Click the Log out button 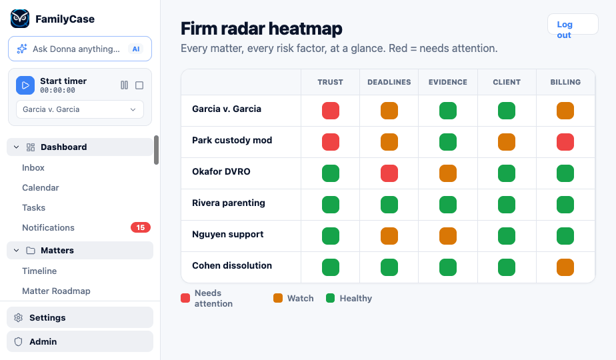point(573,25)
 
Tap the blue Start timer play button point(25,85)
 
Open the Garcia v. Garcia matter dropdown point(80,109)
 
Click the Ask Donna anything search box point(80,49)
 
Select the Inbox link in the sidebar point(33,168)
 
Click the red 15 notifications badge point(140,227)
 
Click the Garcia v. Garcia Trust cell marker point(331,111)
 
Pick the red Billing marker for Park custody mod point(565,142)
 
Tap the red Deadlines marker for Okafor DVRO point(389,173)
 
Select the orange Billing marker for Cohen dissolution point(565,267)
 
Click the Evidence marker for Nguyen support point(448,236)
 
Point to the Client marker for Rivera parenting point(507,205)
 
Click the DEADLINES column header point(389,82)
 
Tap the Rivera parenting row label point(229,203)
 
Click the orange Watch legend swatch point(278,298)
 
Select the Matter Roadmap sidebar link point(56,291)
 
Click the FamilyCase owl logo point(20,19)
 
